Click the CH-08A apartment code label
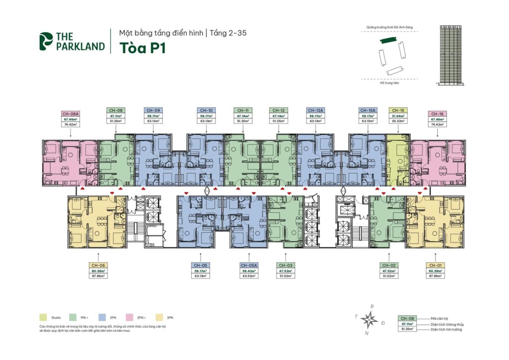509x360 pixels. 71,114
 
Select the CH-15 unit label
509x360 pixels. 397,110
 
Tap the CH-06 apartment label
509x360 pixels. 98,265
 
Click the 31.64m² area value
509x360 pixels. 397,116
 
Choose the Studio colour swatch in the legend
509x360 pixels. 43,318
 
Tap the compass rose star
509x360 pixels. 370,320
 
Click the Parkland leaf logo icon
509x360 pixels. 45,41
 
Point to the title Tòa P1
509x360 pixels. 142,48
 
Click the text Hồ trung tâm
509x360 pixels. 389,83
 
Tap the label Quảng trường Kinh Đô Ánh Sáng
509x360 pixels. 389,27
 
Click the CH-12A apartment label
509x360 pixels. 316,110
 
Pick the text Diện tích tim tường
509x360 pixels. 446,329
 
